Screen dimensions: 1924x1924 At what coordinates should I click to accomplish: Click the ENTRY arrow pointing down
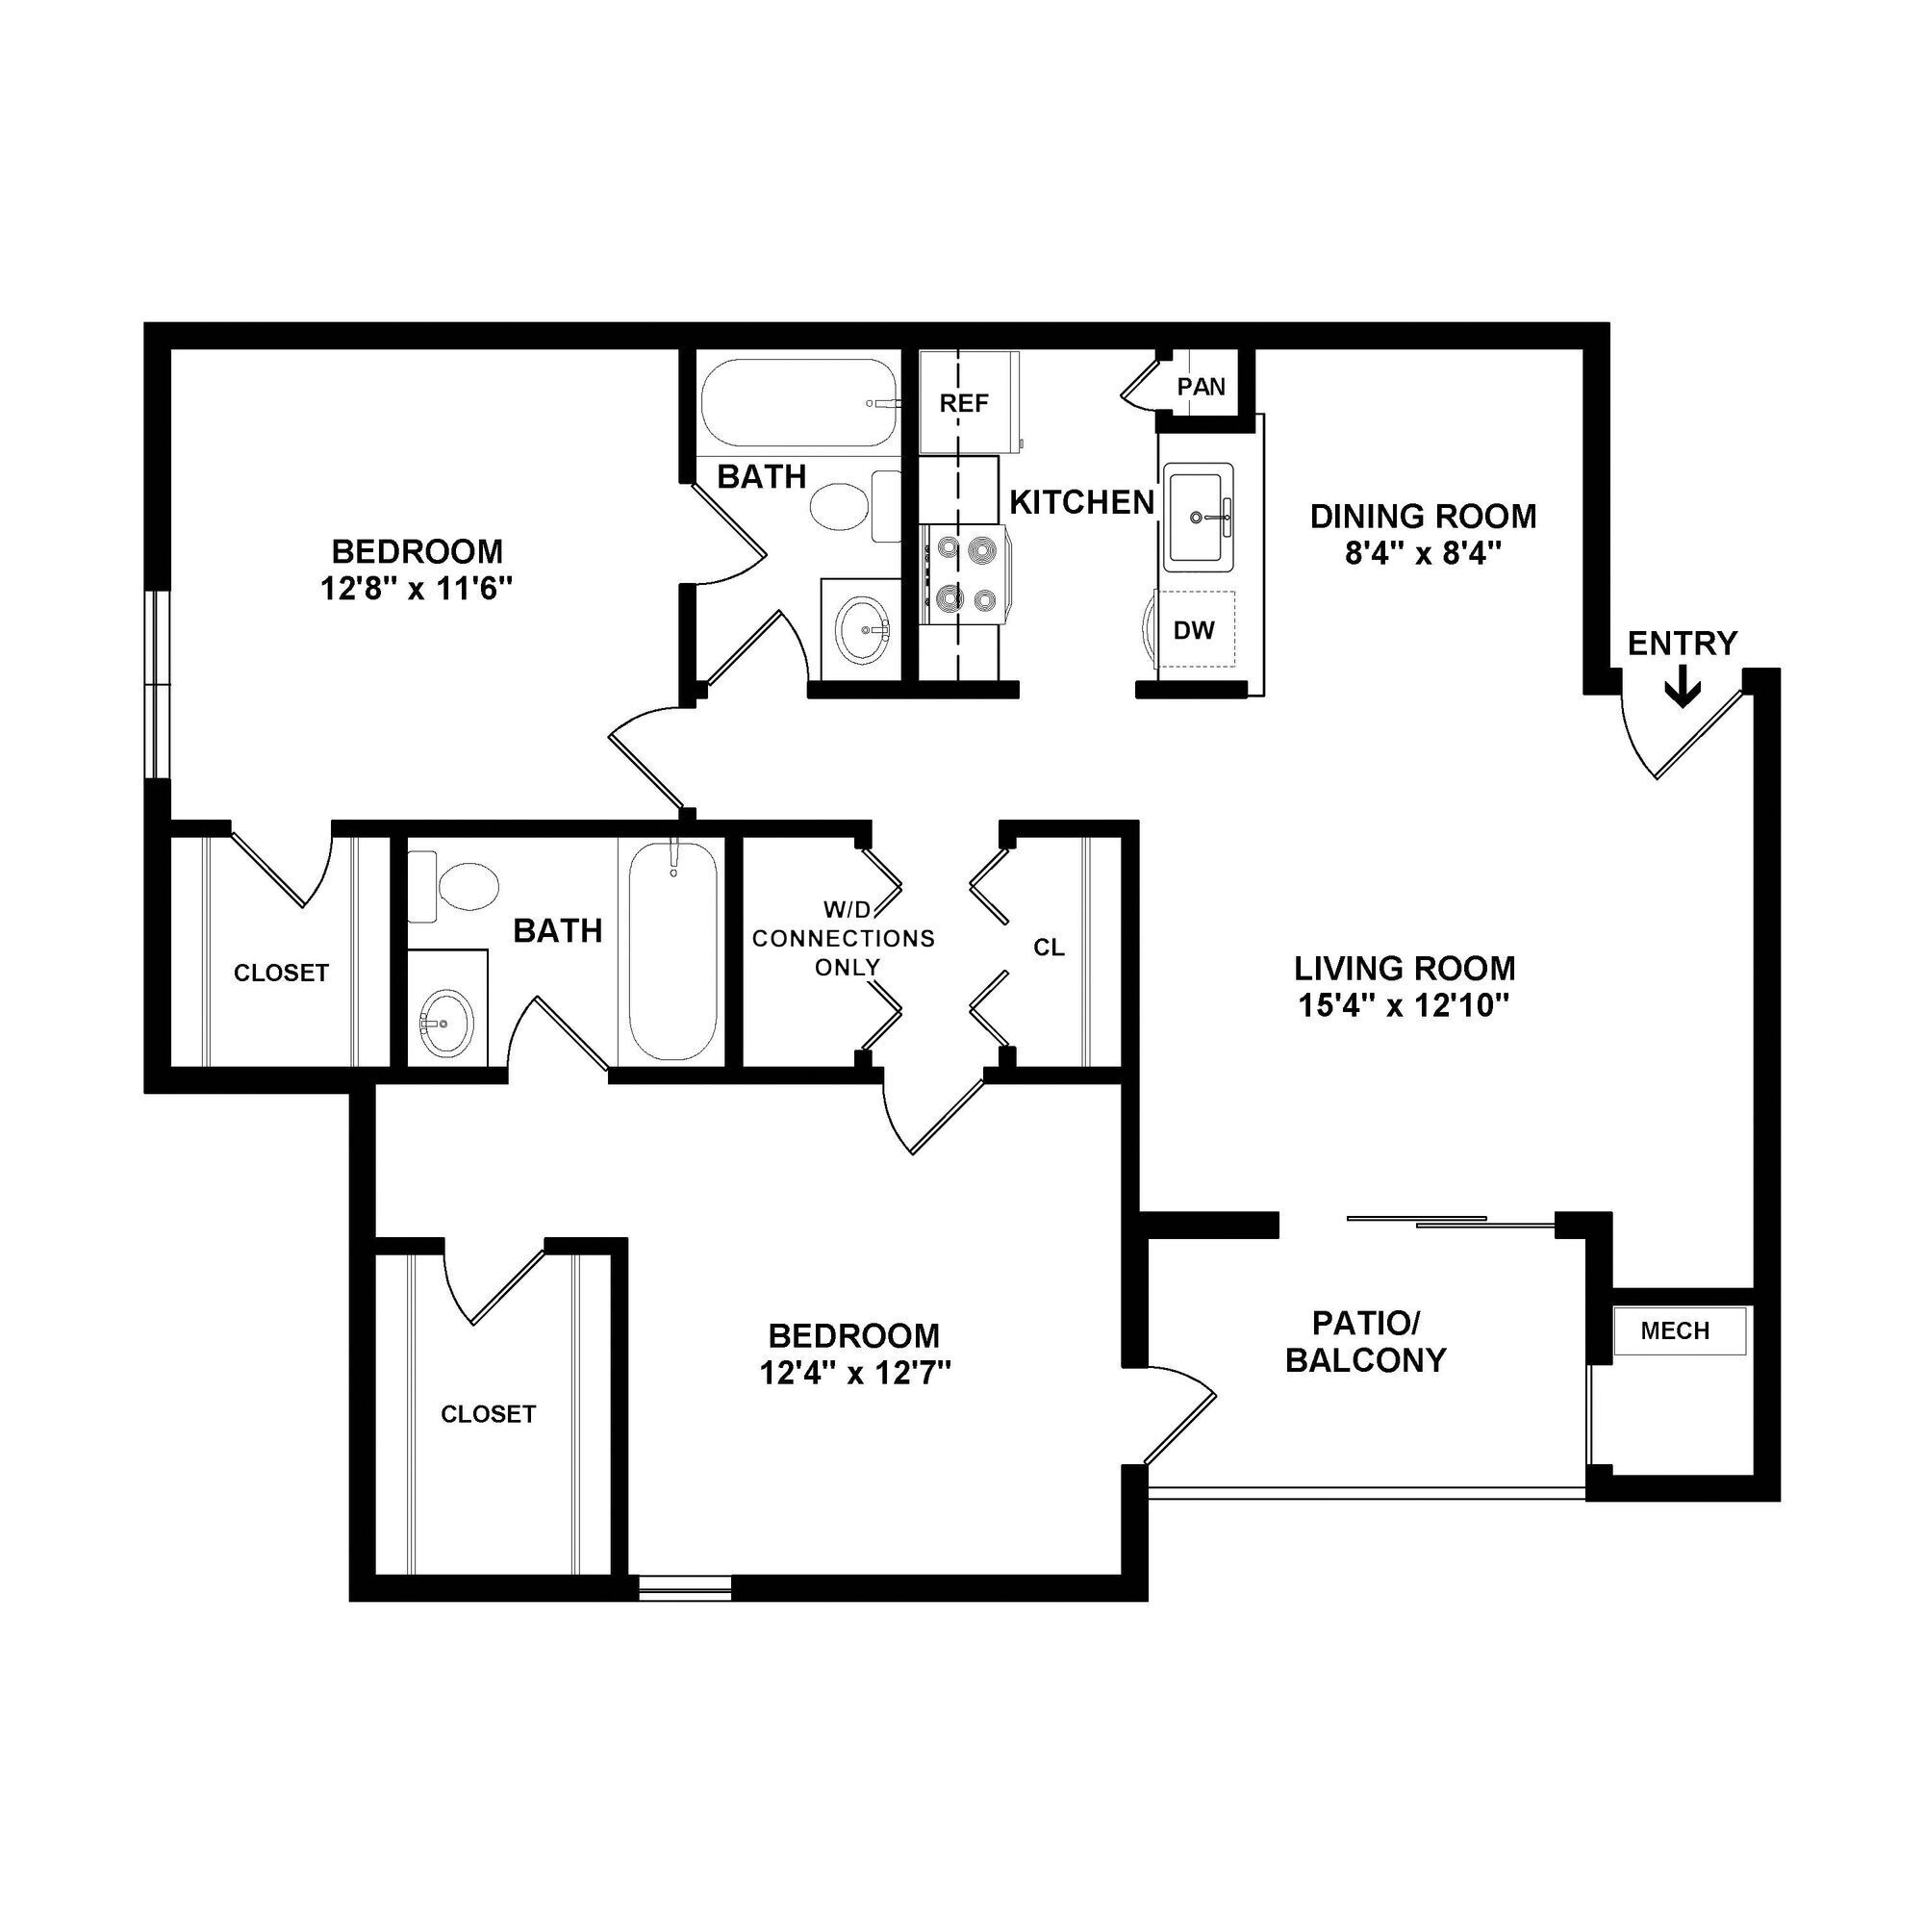[x=1682, y=688]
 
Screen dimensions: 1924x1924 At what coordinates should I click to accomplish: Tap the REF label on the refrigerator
[x=964, y=403]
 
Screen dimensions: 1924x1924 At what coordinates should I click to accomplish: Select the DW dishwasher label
[x=1194, y=629]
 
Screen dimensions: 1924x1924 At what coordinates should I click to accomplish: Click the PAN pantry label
[x=1201, y=387]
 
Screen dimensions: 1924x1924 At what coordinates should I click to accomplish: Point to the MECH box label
[x=1675, y=1330]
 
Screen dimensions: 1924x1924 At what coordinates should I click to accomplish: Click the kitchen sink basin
[x=1199, y=518]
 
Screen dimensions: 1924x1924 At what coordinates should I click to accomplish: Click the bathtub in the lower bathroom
[x=672, y=951]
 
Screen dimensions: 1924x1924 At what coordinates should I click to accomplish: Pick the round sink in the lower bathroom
[x=445, y=1025]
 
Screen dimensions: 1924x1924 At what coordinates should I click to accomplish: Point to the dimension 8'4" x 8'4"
[x=1422, y=553]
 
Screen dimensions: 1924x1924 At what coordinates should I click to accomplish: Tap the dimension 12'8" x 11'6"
[x=417, y=589]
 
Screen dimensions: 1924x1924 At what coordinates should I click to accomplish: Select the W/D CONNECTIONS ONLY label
[x=844, y=938]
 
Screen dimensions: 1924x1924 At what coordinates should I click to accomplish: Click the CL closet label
[x=1049, y=947]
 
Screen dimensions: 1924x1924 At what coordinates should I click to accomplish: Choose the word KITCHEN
[x=1081, y=503]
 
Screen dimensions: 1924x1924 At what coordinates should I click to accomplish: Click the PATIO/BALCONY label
[x=1365, y=1341]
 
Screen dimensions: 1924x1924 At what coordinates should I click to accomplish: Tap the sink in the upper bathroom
[x=862, y=629]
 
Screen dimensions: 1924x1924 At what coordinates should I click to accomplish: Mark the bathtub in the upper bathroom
[x=798, y=403]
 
